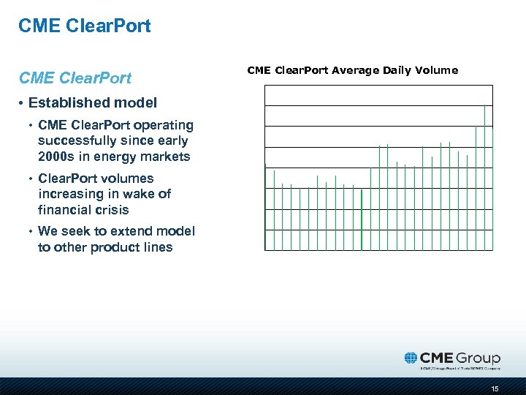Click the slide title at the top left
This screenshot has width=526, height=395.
(85, 26)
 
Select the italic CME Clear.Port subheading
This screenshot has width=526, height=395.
(75, 78)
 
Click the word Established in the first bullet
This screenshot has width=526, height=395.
(66, 103)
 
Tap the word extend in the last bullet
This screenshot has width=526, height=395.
(113, 231)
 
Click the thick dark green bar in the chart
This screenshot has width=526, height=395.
(362, 220)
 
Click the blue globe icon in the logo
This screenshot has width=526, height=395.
(411, 358)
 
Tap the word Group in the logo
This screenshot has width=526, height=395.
(479, 358)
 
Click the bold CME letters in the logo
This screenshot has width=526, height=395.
(438, 358)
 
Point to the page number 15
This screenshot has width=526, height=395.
(495, 389)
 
